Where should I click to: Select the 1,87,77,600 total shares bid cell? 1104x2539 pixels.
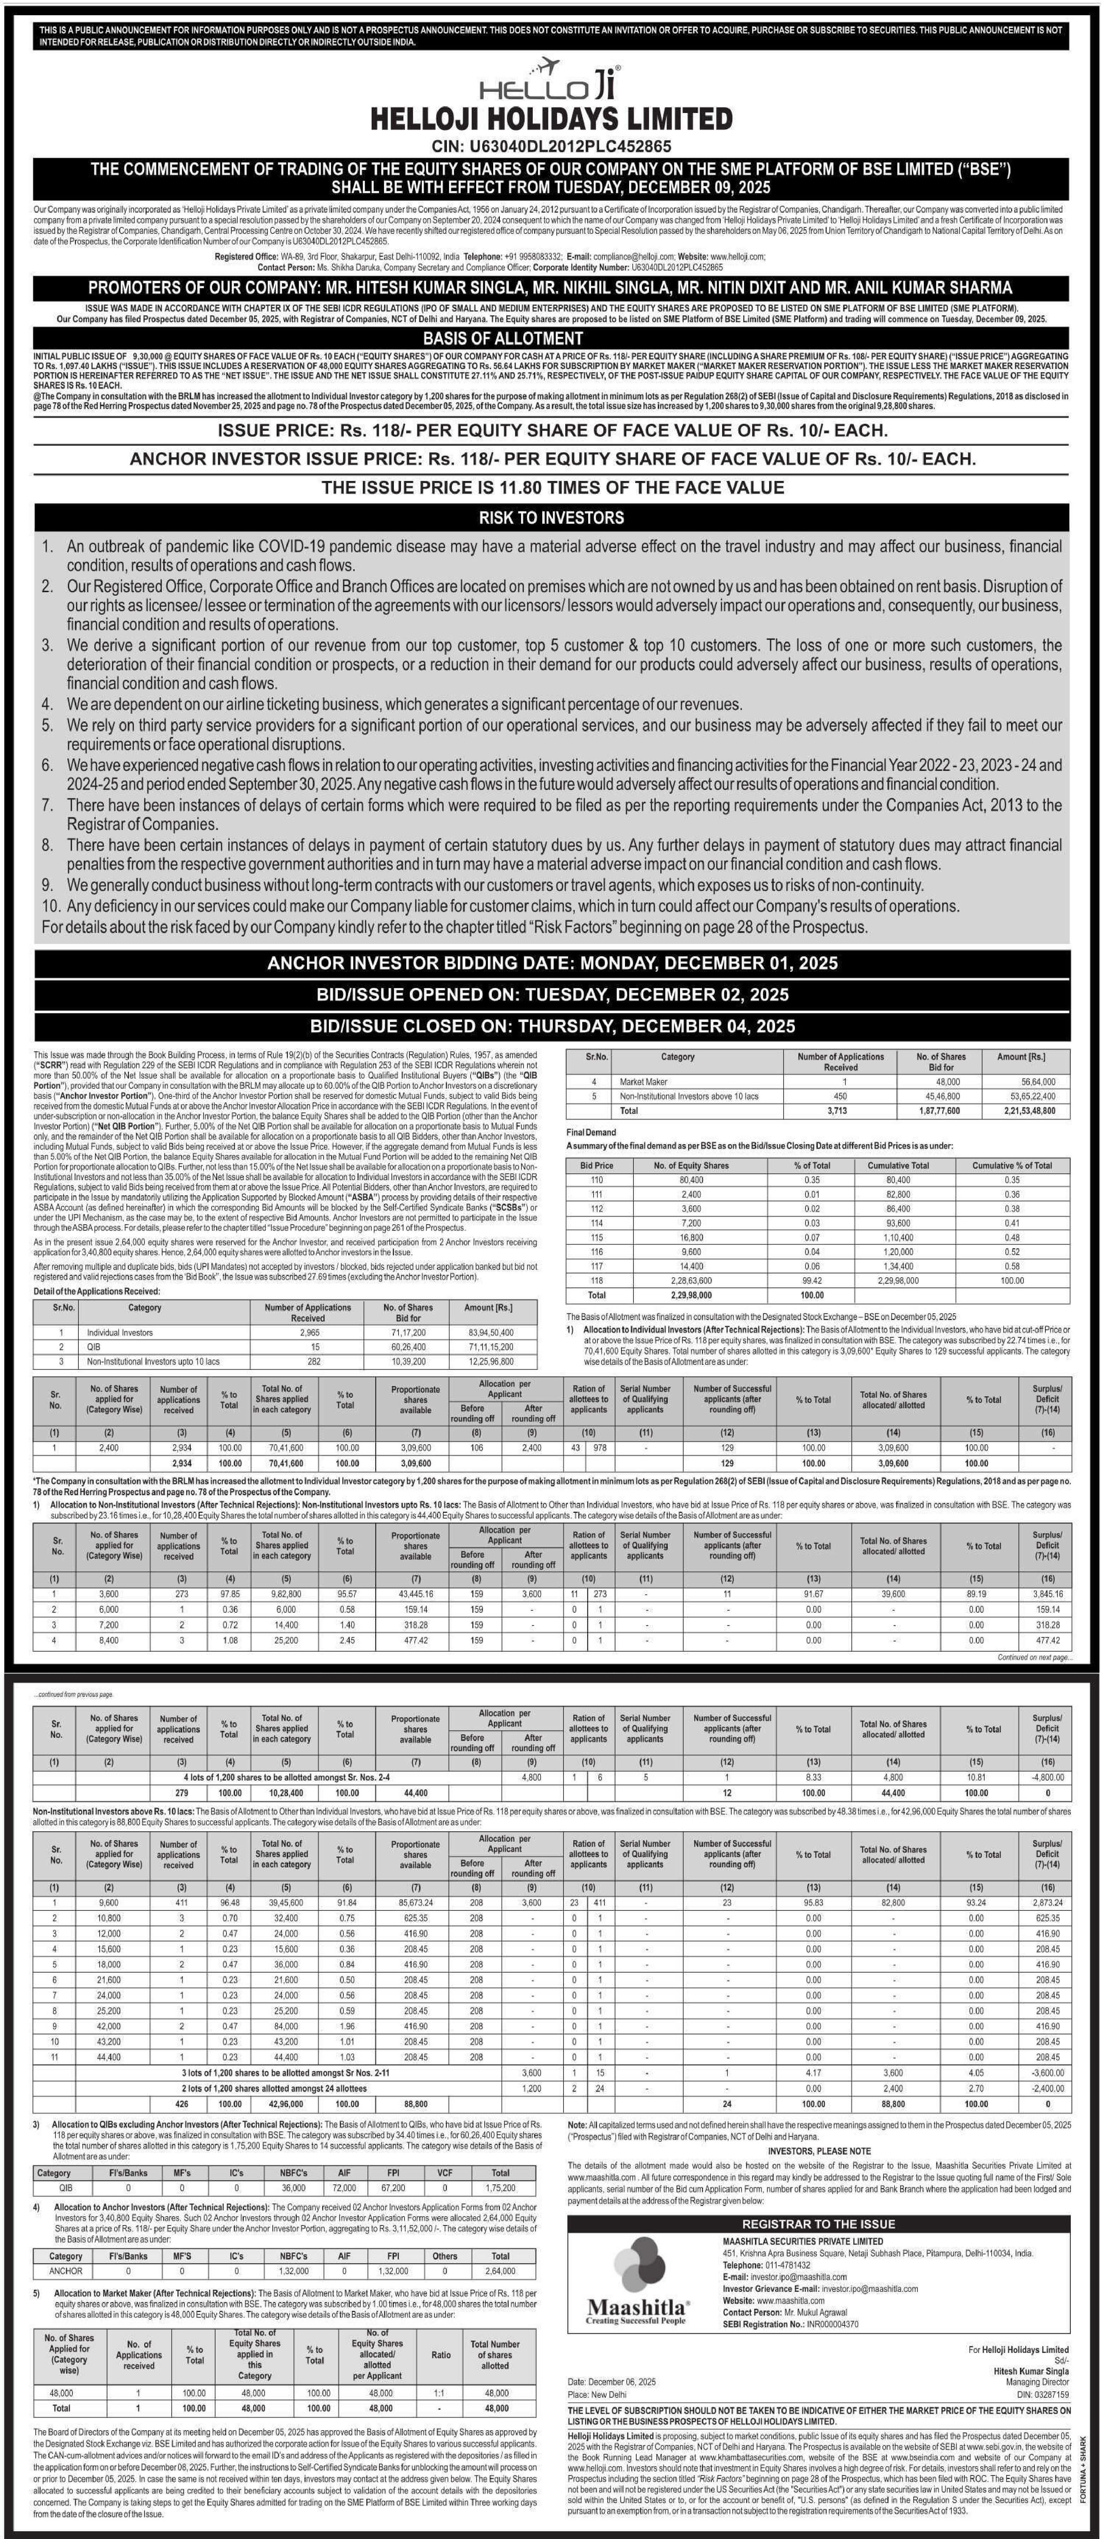(x=934, y=1110)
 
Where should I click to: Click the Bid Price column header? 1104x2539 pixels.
(x=596, y=1165)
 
